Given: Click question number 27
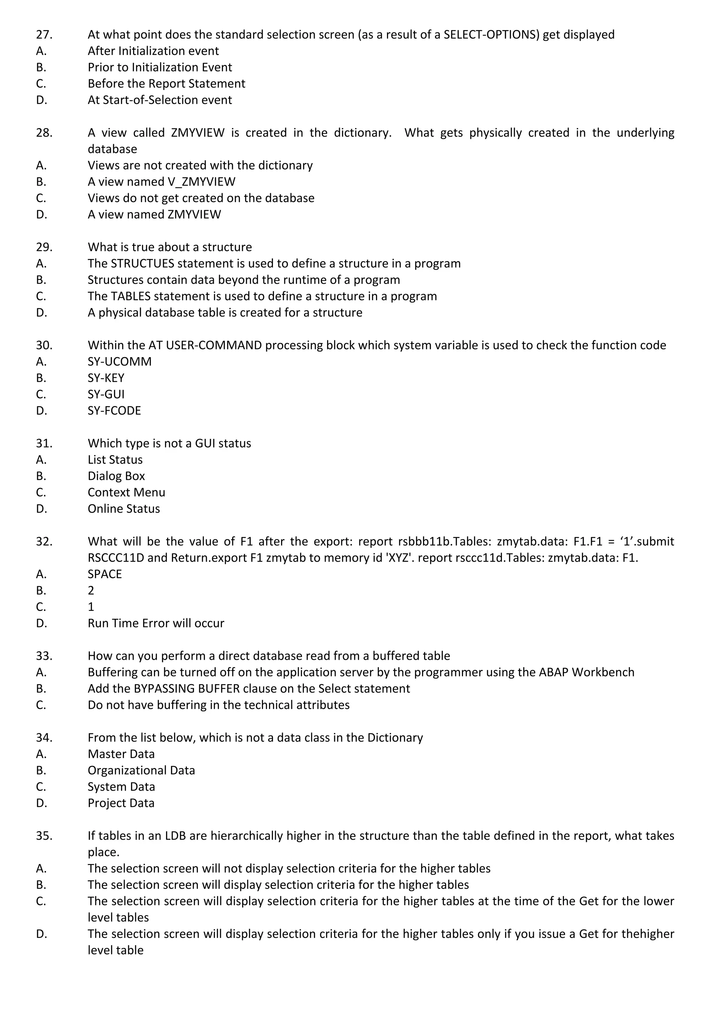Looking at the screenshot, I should (x=44, y=34).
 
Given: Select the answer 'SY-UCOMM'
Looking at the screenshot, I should (x=119, y=362).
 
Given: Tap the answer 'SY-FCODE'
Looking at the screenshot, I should (x=114, y=411).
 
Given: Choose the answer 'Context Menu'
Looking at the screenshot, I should (x=126, y=492).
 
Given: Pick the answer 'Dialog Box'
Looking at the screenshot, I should (x=116, y=476).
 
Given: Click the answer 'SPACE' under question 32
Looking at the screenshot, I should (x=104, y=574).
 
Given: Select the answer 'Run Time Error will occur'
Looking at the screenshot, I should (x=156, y=623).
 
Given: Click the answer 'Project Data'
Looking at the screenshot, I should (x=121, y=803).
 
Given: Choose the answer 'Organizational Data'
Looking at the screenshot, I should (x=141, y=771).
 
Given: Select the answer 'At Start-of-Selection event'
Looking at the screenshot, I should (x=159, y=100).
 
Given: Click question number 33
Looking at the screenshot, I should (x=44, y=656).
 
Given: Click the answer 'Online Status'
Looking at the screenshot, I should (x=124, y=509).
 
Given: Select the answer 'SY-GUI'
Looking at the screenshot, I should (x=106, y=394).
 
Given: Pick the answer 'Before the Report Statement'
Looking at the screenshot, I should (x=166, y=84).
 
